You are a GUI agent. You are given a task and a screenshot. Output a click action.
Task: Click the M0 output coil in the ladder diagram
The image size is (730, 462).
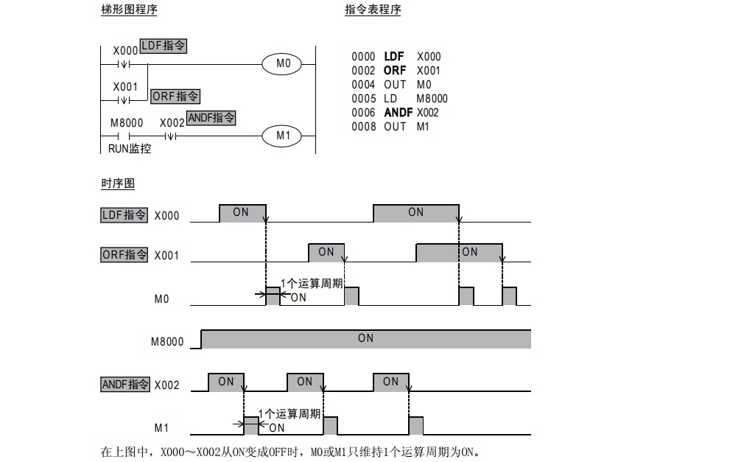coord(283,64)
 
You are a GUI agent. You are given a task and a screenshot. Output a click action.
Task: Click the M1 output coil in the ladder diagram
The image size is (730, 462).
coord(283,136)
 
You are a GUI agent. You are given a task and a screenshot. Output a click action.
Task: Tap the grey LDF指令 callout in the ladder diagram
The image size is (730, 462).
coord(163,46)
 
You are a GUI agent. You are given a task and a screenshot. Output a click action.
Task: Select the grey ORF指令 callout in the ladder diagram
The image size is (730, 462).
coord(175,97)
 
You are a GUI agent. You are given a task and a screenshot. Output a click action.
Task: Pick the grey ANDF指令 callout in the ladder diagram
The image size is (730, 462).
coord(211,118)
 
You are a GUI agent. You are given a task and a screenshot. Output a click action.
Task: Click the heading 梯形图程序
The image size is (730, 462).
coord(128,10)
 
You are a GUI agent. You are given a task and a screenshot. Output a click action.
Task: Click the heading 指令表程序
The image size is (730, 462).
coord(373,10)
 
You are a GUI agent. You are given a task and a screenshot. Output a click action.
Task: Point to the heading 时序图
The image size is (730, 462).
coord(117,183)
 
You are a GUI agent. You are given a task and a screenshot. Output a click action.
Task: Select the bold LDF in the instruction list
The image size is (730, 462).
coord(394,57)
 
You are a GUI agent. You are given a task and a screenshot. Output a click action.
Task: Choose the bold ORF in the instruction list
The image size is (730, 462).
coord(395,71)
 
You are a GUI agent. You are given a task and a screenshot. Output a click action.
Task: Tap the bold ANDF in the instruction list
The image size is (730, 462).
coord(399,113)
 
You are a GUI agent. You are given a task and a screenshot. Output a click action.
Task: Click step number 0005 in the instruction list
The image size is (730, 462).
coord(364,99)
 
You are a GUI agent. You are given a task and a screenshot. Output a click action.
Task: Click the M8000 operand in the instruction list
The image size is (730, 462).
coord(432,99)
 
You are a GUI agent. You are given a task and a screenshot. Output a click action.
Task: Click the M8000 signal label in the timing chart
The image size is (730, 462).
coord(167,342)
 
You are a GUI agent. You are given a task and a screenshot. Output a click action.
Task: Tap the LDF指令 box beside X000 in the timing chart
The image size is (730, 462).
coord(124,215)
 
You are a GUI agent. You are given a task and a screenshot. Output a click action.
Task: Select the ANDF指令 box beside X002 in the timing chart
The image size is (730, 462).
coord(125,384)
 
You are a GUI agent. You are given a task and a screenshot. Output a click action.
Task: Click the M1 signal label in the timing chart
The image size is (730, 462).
coord(162,427)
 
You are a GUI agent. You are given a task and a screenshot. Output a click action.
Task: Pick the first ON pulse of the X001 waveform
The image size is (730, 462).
coord(326,252)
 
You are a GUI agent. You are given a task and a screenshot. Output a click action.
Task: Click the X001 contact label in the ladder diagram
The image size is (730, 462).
coord(125,87)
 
